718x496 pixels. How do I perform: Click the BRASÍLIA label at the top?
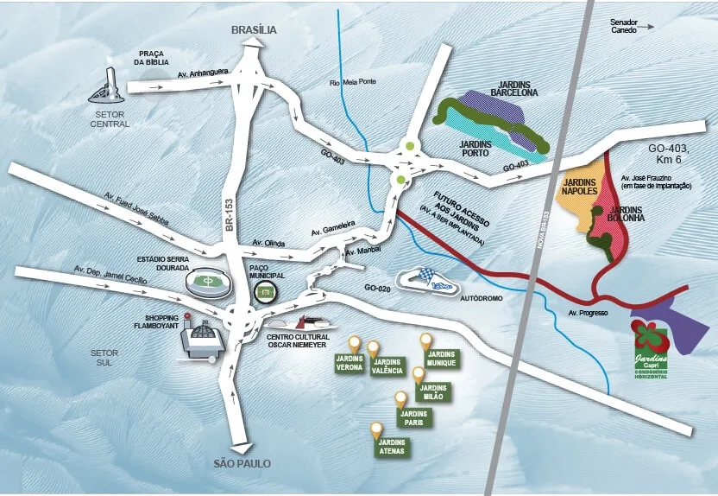[254, 30]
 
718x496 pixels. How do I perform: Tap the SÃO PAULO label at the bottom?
[242, 464]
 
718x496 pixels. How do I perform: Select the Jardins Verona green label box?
[349, 365]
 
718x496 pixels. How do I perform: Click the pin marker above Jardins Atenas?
[376, 429]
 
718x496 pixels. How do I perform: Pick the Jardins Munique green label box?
[441, 359]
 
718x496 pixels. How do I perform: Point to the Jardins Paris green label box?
[413, 418]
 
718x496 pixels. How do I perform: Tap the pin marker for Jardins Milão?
[419, 375]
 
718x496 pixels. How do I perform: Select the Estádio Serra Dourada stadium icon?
[205, 281]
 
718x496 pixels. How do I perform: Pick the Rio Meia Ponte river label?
[349, 83]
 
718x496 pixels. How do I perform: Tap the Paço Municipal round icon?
[266, 293]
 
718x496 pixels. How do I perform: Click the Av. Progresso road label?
[589, 312]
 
